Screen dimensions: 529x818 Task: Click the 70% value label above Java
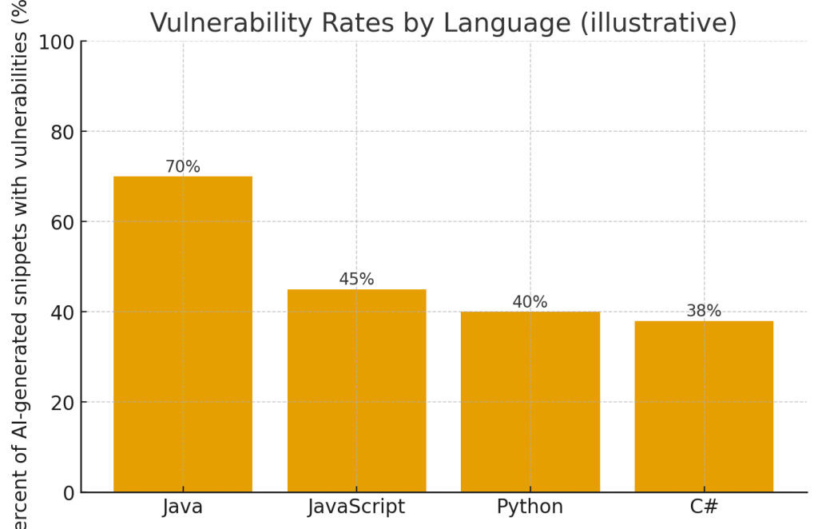tap(183, 167)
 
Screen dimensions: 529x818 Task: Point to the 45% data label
tap(356, 280)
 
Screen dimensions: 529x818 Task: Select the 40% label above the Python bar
tap(530, 302)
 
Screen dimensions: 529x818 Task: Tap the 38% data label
tap(704, 311)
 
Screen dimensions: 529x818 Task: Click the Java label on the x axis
tap(183, 507)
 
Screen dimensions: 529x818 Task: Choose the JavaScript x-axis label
tap(356, 507)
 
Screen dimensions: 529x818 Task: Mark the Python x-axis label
tap(530, 507)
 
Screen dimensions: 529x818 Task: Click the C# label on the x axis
tap(704, 507)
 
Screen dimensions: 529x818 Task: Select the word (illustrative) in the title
tap(659, 23)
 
